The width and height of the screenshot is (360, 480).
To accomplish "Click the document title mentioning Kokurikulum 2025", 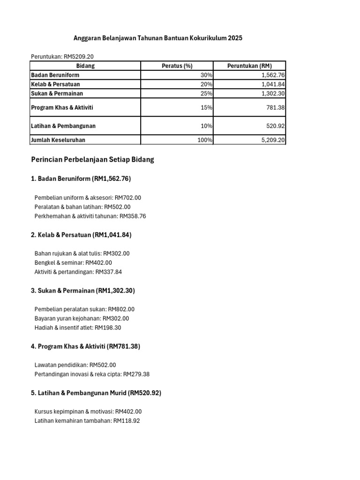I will click(158, 38).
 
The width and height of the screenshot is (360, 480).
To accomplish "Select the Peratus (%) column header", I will click(177, 66).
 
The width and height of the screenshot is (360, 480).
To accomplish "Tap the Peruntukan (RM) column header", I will click(249, 66).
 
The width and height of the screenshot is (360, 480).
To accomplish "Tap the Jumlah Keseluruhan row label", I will click(58, 140).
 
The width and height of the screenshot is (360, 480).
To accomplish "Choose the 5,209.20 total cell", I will click(273, 140).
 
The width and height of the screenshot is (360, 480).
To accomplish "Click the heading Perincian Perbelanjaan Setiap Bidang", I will click(92, 160).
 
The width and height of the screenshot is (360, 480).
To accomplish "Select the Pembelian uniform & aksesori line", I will click(88, 198).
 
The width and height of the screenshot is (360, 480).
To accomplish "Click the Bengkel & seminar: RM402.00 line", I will click(73, 263).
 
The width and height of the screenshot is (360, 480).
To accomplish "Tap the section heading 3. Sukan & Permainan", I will click(83, 291).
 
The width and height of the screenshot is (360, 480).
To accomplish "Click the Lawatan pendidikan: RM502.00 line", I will click(75, 365).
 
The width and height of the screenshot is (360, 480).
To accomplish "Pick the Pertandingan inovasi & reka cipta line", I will click(92, 375).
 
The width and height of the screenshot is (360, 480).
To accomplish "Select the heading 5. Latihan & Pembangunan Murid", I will click(96, 393).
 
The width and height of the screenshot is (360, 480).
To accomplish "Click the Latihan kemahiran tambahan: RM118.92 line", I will click(87, 421).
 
